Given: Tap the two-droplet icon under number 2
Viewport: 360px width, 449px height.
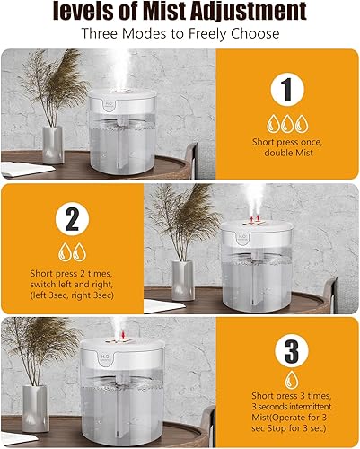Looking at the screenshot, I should (70, 251).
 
